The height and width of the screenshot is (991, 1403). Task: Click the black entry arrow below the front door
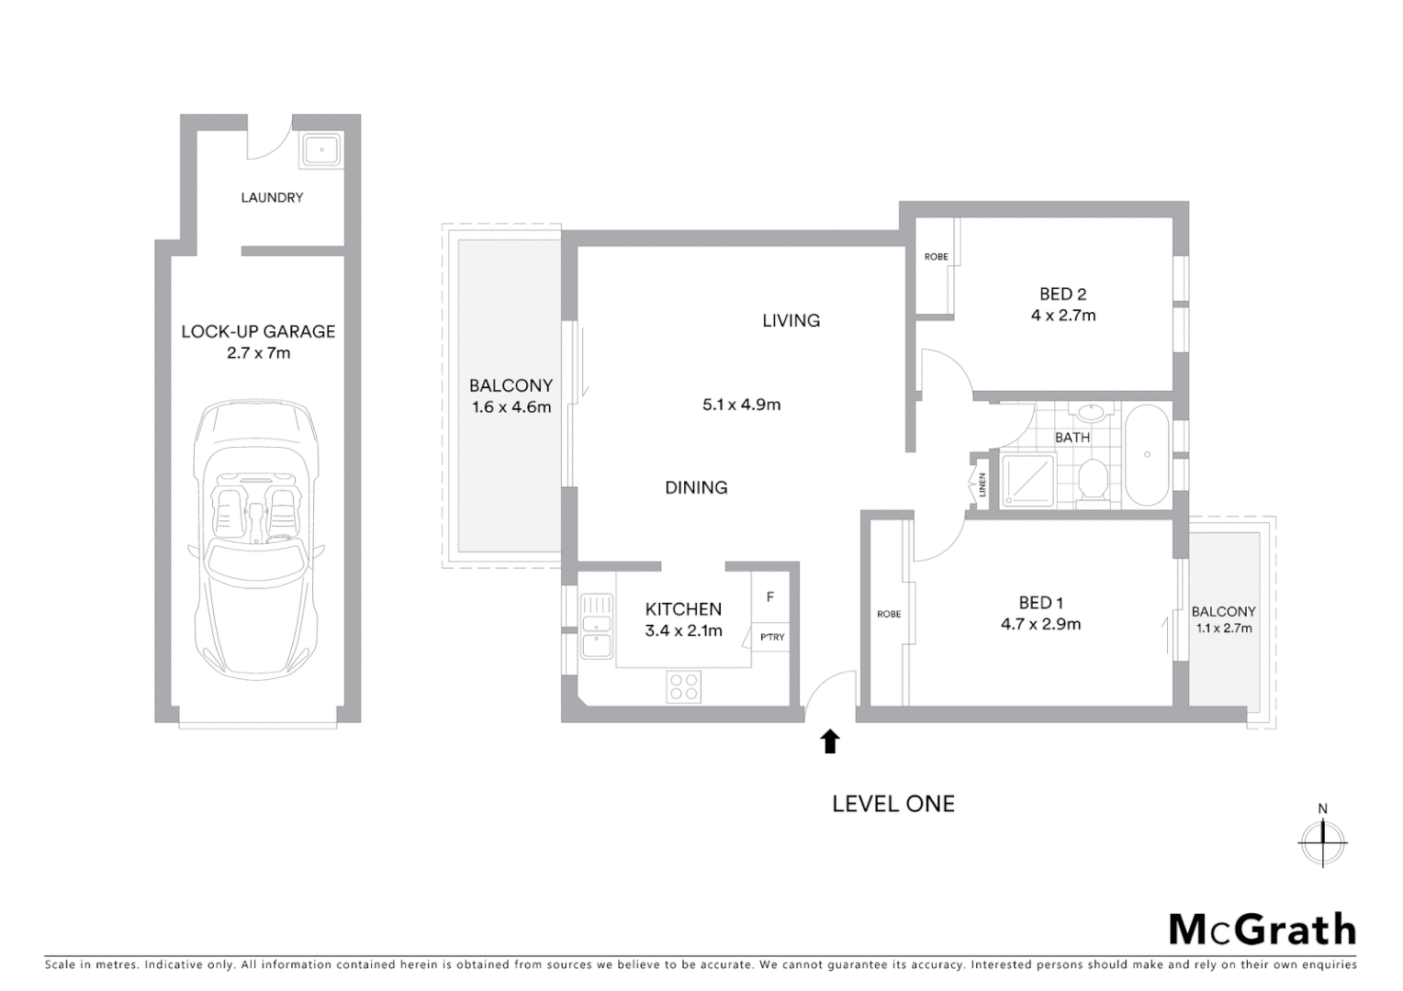pos(830,741)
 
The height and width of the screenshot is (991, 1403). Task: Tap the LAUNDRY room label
pos(272,197)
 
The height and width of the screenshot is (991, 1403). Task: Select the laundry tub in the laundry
pos(321,150)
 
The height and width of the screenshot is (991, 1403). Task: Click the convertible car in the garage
pos(257,541)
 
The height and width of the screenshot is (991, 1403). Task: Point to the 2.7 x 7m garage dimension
pos(259,353)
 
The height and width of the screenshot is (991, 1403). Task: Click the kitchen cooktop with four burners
pos(684,686)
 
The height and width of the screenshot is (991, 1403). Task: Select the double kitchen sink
pos(597,626)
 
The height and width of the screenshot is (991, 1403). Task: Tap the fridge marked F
pos(770,597)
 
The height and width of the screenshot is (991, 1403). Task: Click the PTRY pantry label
pos(772,637)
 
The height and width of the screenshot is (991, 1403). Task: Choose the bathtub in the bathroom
pos(1147,454)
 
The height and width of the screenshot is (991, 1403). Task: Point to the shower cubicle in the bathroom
pos(1027,481)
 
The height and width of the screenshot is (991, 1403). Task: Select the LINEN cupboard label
pos(982,484)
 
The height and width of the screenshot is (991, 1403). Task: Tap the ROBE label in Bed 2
pos(936,257)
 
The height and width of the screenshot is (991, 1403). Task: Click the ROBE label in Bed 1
pos(889,614)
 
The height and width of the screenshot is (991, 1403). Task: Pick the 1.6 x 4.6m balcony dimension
pos(511,407)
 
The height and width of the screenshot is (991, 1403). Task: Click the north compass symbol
pos(1322,837)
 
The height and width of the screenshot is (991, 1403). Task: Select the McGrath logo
pos(1263,930)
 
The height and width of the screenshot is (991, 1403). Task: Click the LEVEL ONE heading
pos(893,804)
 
